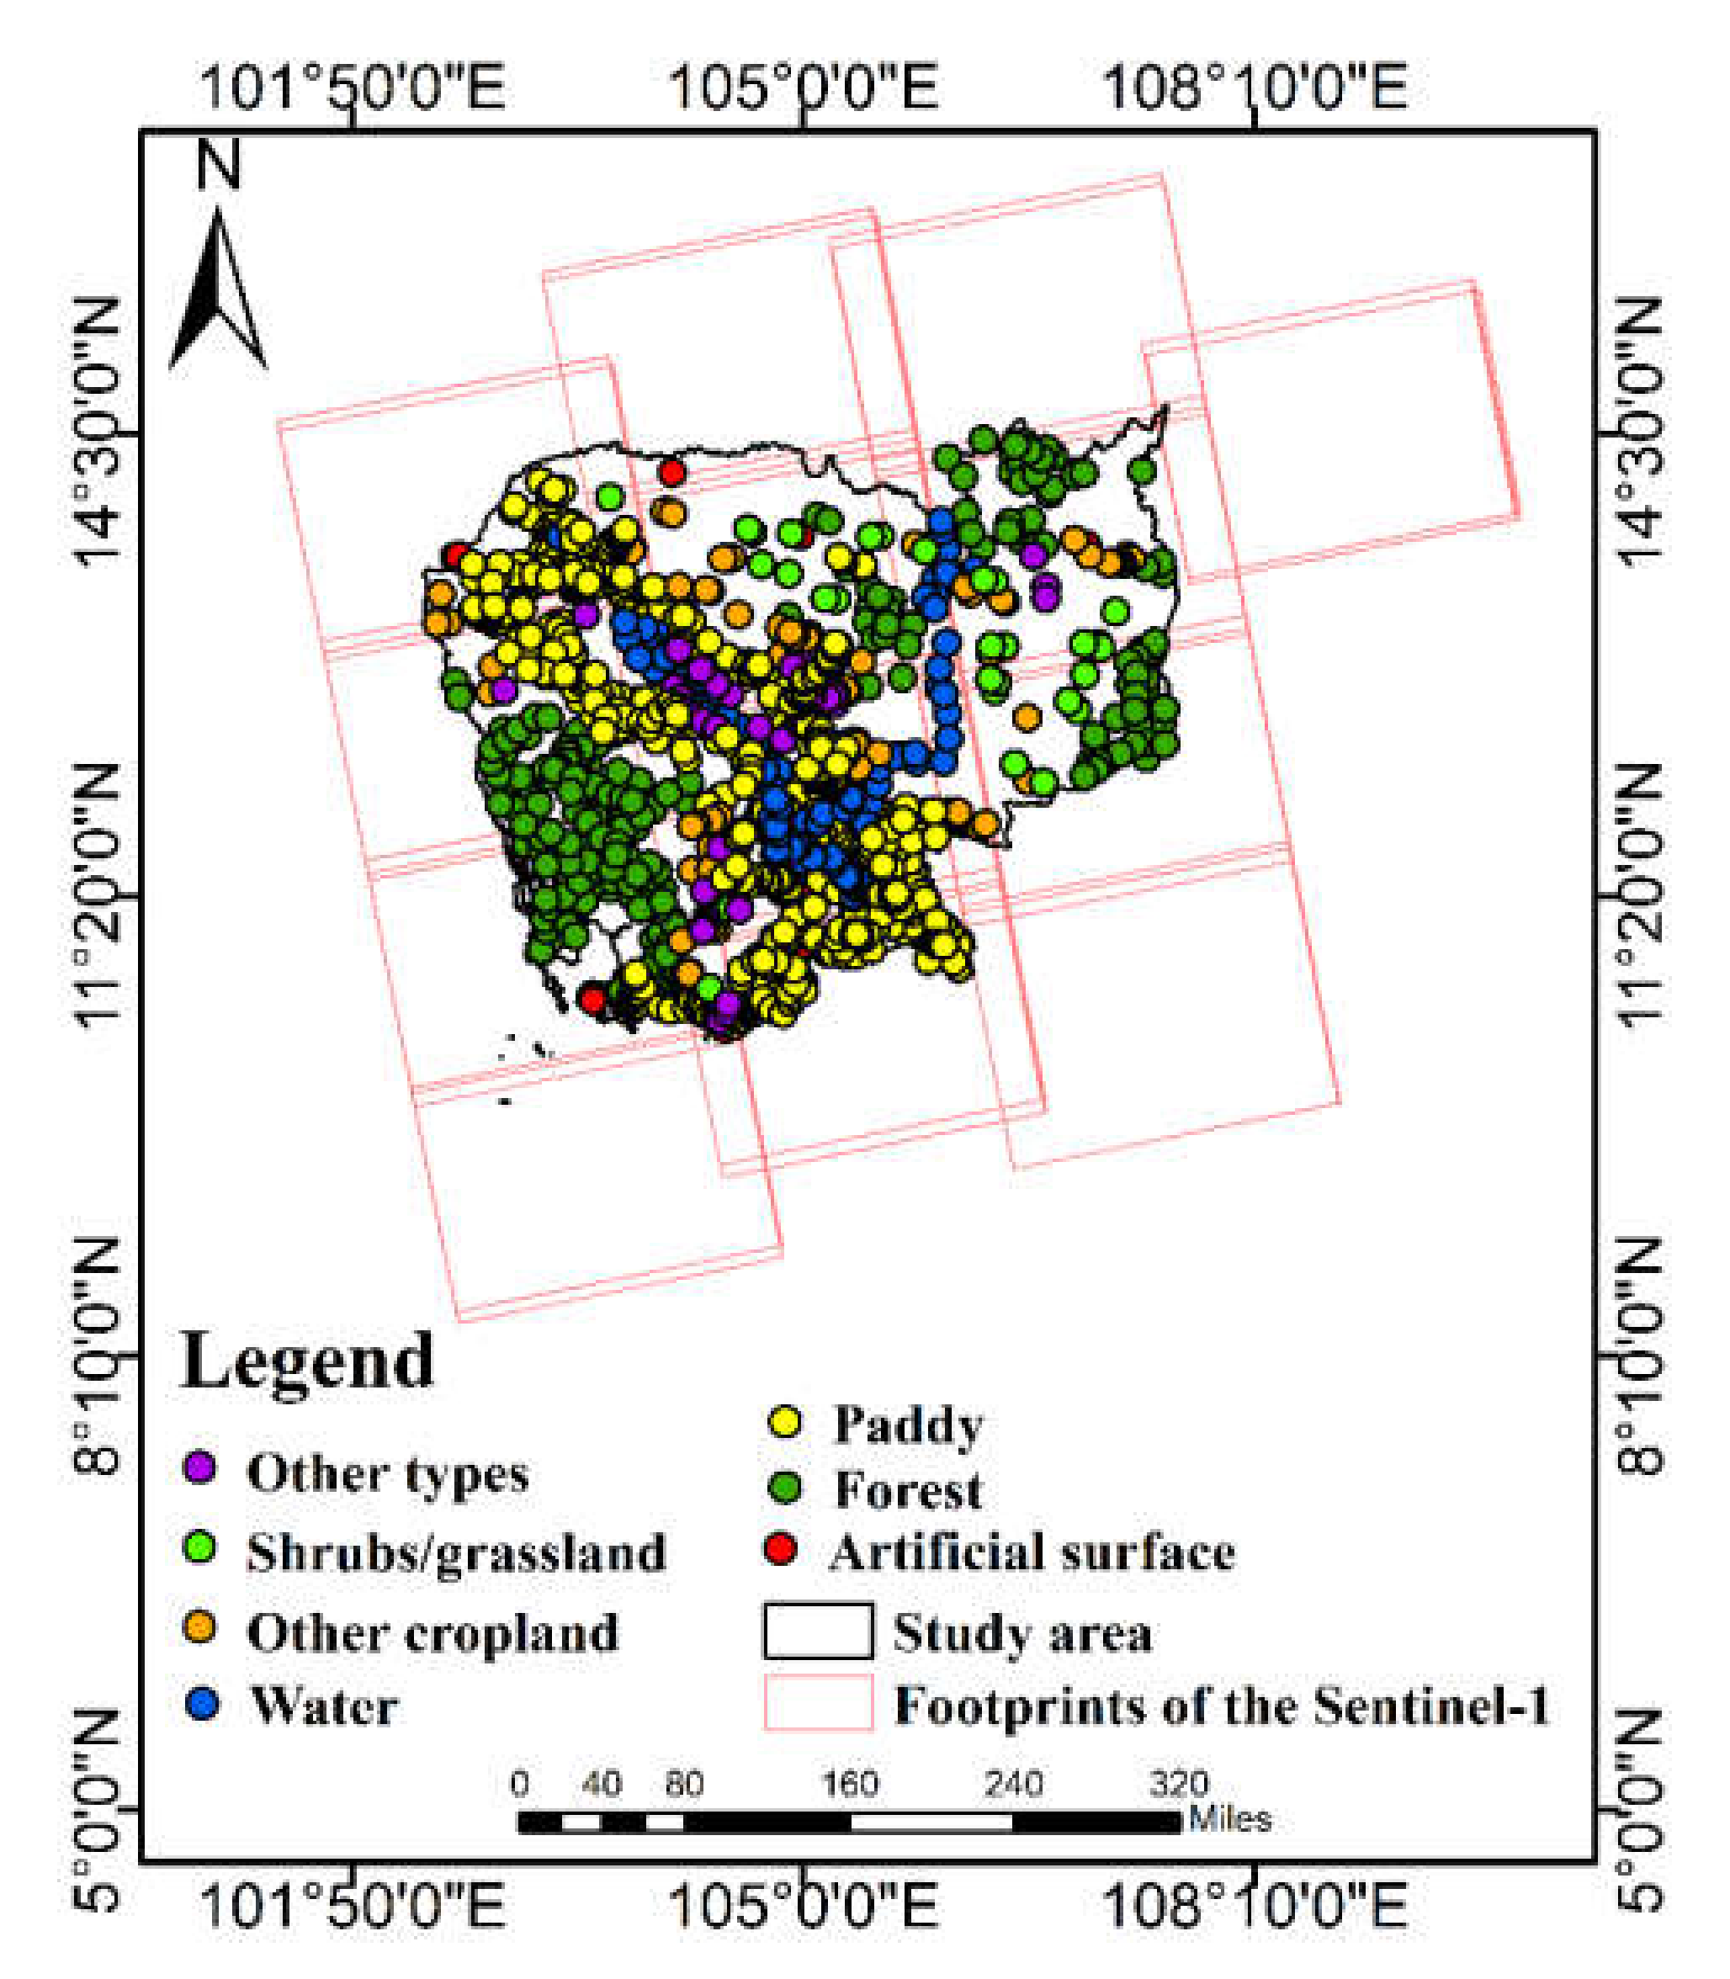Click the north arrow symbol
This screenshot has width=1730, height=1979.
218,294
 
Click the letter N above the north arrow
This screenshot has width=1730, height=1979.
218,164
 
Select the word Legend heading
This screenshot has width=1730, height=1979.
308,1361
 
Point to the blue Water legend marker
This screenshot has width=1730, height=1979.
201,1704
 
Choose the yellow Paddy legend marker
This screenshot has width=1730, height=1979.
785,1421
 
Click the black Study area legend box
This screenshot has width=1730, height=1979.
819,1631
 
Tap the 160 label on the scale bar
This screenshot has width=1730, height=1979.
850,1783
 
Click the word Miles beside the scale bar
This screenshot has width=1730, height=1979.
1229,1820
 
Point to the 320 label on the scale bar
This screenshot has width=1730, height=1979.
1178,1783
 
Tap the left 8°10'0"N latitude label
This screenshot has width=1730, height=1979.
98,1356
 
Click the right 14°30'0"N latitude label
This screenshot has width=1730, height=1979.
1638,432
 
